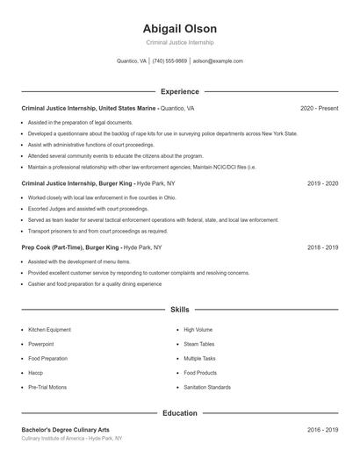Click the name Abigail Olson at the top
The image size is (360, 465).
(x=180, y=29)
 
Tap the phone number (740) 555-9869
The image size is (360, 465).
(x=169, y=61)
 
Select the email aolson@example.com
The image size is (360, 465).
(x=218, y=61)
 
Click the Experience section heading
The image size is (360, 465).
(x=180, y=91)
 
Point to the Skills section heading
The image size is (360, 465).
(x=180, y=310)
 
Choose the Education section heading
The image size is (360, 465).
(x=180, y=412)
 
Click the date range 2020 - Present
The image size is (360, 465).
(x=319, y=108)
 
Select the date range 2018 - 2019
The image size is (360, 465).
(x=322, y=247)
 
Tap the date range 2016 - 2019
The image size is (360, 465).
(x=322, y=430)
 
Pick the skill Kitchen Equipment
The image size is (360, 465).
(x=49, y=330)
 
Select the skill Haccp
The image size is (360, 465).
(x=36, y=373)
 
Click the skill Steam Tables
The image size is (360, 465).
(x=198, y=344)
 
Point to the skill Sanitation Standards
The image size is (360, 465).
(x=207, y=387)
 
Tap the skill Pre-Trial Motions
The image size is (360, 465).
(x=47, y=387)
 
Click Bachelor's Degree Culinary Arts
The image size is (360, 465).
(x=66, y=430)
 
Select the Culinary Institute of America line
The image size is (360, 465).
(x=72, y=438)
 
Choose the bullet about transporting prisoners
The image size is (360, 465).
(x=97, y=232)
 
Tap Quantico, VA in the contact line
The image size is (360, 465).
(x=132, y=61)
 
